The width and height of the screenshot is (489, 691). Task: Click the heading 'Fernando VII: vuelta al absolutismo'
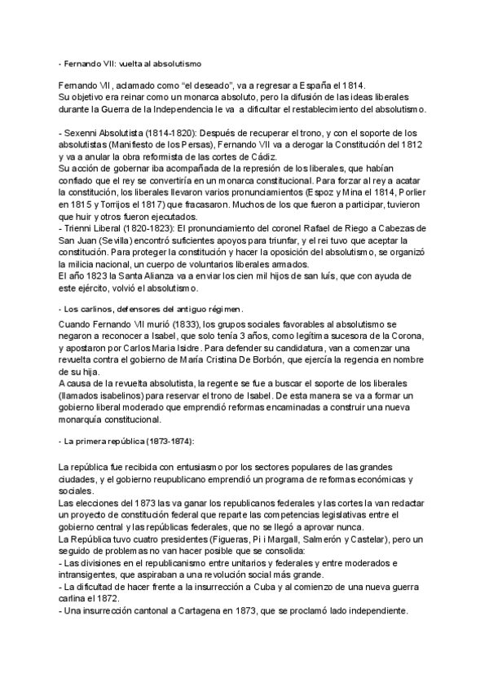coord(132,63)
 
